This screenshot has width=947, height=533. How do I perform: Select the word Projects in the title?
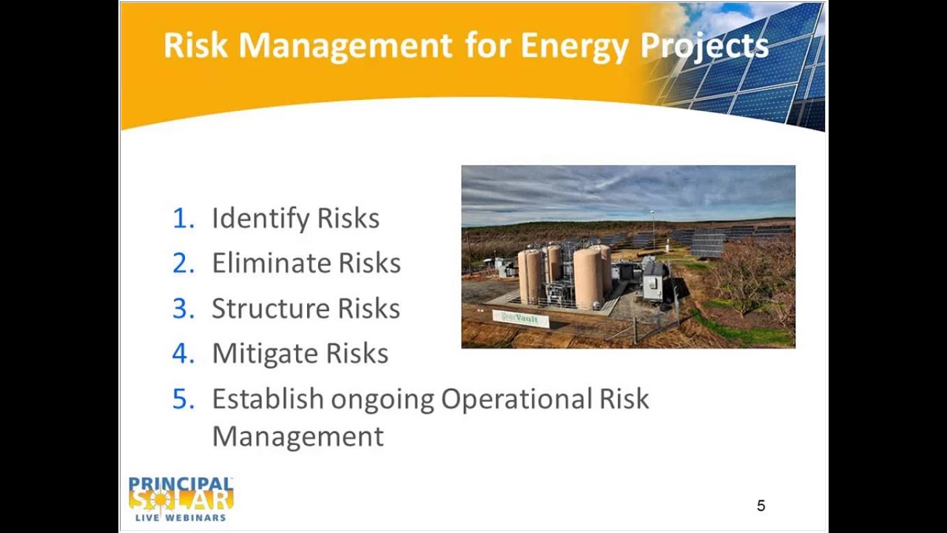(x=704, y=46)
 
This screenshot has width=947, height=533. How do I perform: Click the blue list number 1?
(x=181, y=218)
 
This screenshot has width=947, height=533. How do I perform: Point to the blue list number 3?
(x=182, y=309)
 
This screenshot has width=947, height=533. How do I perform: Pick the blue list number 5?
(x=183, y=399)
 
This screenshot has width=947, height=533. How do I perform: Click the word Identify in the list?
(x=260, y=218)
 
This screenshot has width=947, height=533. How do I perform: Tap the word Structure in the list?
(x=270, y=309)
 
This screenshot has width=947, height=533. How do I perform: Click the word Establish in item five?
(x=267, y=399)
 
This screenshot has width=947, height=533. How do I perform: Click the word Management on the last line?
(x=297, y=436)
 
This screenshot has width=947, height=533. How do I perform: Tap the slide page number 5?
(x=761, y=506)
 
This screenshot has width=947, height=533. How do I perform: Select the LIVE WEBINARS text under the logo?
(x=181, y=517)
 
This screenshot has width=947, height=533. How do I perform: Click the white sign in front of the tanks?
(x=521, y=319)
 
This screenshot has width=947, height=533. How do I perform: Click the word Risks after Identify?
(x=348, y=218)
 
